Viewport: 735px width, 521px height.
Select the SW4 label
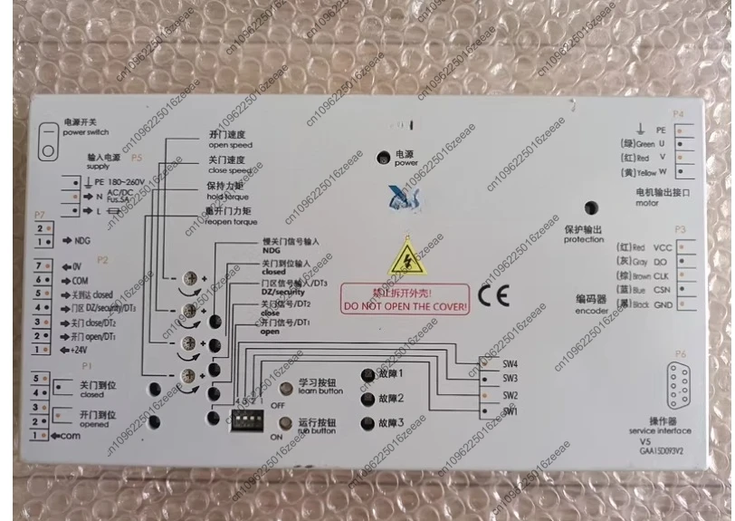(x=511, y=363)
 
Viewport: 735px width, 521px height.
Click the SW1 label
(x=511, y=412)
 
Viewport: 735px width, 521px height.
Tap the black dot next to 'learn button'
(x=281, y=387)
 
